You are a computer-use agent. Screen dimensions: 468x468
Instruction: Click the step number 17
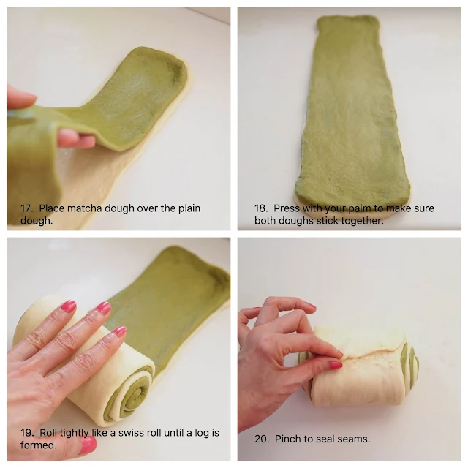[x=26, y=208]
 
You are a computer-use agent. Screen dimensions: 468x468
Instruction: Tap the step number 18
[x=260, y=208]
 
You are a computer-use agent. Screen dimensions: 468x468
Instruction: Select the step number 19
[x=26, y=432]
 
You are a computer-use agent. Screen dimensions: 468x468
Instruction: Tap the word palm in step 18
[x=359, y=208]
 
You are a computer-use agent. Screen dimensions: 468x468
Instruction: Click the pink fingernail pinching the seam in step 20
[x=336, y=364]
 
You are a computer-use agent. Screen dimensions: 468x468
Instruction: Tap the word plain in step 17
[x=189, y=208]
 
